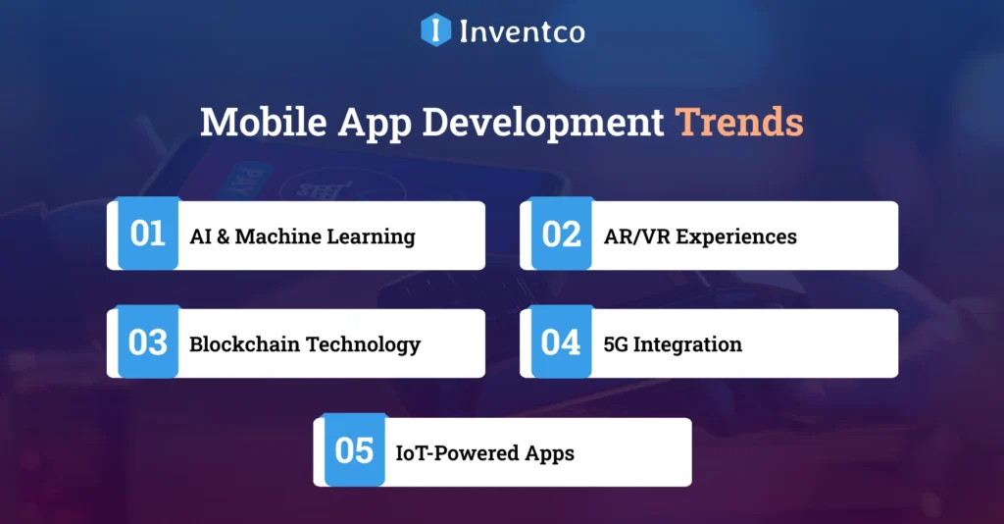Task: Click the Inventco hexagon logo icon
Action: pos(434,29)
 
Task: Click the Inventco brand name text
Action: pos(522,30)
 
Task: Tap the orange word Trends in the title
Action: pos(739,123)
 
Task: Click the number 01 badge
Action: pos(148,235)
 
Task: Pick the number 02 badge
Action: pos(561,235)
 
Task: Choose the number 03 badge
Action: pos(148,342)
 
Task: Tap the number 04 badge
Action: pos(561,342)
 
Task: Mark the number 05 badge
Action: pos(354,451)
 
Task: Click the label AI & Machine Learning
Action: pos(302,236)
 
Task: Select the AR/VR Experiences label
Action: pos(700,236)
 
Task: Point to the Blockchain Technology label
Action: pos(305,344)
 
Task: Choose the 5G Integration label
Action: pos(673,344)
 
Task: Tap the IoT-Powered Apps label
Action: pos(484,453)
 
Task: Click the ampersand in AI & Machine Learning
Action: pos(223,236)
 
